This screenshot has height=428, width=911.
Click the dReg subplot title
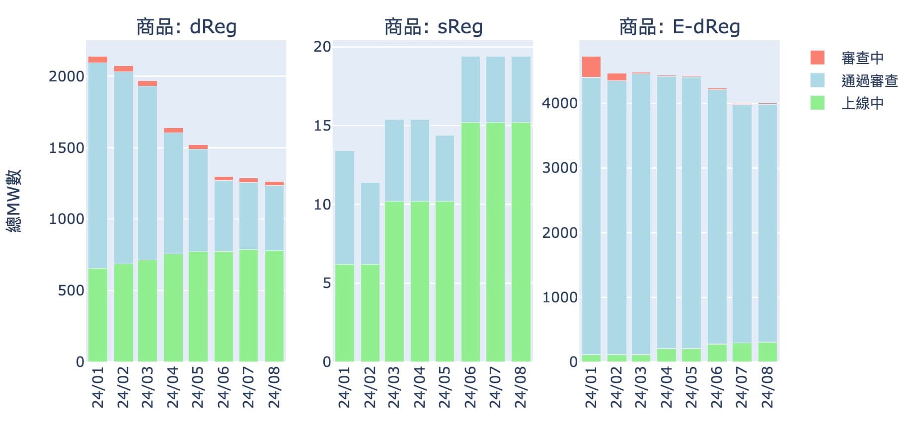[x=186, y=27]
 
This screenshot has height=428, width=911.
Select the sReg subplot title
[x=433, y=27]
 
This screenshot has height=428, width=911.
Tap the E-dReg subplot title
[x=680, y=27]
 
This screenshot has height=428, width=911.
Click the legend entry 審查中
[x=862, y=58]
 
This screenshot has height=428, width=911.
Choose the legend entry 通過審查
[x=869, y=80]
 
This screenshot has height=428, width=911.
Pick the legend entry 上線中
[x=862, y=103]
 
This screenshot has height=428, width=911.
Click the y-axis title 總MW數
[x=14, y=201]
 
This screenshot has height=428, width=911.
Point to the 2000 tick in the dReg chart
[x=67, y=76]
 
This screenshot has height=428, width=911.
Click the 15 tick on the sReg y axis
[x=322, y=126]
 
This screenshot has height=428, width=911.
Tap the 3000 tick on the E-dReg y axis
[x=560, y=168]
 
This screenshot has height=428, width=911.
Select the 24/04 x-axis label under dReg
[x=172, y=387]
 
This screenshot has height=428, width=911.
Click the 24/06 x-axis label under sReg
[x=470, y=387]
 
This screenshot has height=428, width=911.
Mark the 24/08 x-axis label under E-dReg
[x=767, y=387]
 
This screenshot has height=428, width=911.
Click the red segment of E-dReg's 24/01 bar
[x=591, y=67]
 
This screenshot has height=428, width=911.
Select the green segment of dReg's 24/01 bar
[x=98, y=315]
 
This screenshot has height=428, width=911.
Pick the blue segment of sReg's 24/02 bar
[x=370, y=223]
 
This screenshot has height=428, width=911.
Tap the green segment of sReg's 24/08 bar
[x=521, y=242]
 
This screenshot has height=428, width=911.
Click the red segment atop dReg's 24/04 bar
[x=173, y=130]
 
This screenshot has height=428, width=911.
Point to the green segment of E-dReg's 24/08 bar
[x=767, y=352]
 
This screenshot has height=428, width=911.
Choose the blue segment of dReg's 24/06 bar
[x=224, y=216]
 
